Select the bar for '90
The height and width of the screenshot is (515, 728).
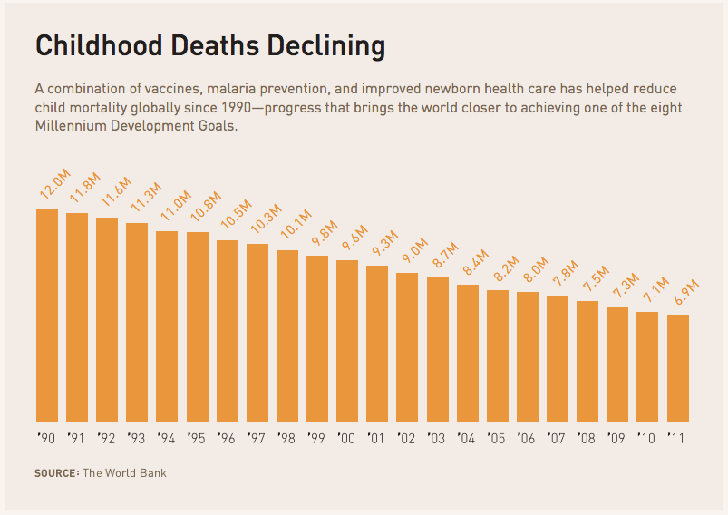[x=47, y=316]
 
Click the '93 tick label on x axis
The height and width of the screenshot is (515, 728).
[x=137, y=440]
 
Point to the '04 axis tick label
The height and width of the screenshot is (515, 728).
[x=467, y=440]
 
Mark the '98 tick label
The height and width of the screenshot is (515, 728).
[x=286, y=440]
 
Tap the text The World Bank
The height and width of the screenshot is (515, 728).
[x=125, y=473]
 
